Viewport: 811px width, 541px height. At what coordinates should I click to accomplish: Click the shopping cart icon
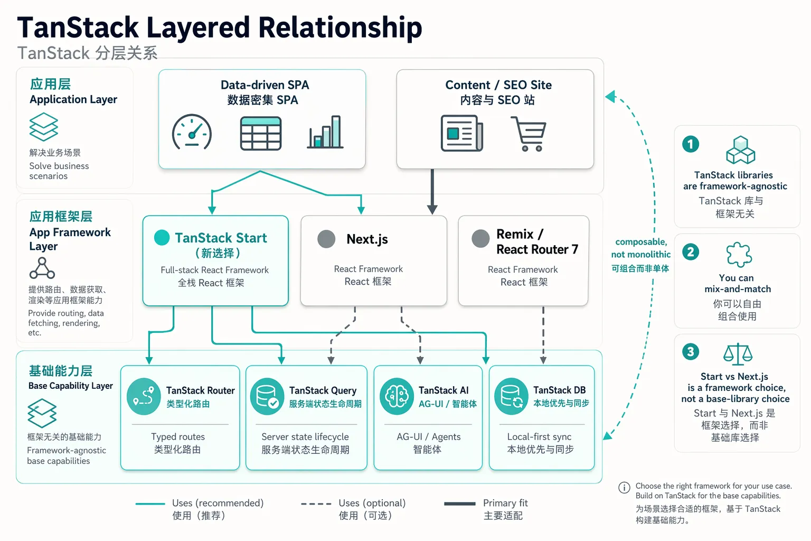529,133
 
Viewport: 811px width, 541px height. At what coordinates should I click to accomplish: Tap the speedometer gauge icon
192,132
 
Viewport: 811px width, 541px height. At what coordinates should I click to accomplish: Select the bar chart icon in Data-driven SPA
325,132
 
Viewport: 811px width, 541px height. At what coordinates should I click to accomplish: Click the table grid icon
261,133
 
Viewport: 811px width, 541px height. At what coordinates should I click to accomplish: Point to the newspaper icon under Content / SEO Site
461,133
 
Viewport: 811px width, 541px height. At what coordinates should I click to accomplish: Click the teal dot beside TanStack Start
162,238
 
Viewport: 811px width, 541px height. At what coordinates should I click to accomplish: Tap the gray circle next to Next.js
326,239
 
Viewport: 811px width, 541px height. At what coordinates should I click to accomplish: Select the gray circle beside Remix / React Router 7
480,239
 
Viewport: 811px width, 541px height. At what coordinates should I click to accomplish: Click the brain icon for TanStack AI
397,396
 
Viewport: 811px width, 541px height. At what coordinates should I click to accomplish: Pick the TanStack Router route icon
144,396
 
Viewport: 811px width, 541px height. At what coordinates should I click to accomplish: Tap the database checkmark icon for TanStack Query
267,396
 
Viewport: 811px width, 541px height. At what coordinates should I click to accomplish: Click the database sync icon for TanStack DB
511,396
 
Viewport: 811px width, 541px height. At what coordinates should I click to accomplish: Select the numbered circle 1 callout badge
691,144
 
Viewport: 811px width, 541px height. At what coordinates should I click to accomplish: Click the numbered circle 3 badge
691,351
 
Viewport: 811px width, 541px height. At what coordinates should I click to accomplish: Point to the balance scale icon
738,354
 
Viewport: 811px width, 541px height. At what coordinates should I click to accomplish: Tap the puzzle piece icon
739,254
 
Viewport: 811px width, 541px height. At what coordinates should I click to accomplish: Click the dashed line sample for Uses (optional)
316,503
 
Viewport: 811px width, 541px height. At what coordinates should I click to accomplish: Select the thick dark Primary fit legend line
459,503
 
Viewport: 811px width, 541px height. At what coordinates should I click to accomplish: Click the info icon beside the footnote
624,487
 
